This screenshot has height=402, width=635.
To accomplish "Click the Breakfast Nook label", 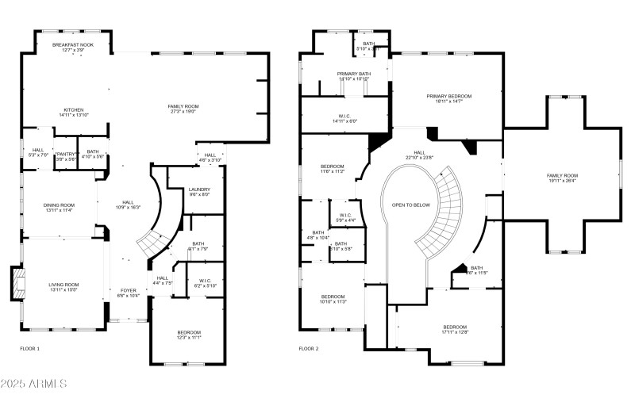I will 73,45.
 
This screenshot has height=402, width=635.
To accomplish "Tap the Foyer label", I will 129,290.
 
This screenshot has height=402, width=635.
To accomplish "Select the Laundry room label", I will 198,190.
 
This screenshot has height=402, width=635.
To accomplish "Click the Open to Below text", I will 411,204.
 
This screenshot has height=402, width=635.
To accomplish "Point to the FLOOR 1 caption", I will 29,348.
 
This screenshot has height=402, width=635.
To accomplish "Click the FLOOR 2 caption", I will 309,348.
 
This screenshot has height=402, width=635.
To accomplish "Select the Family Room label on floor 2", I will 562,175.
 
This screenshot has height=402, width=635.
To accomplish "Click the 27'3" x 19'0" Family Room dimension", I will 183,112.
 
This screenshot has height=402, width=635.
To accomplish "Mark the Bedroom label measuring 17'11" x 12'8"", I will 455,327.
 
